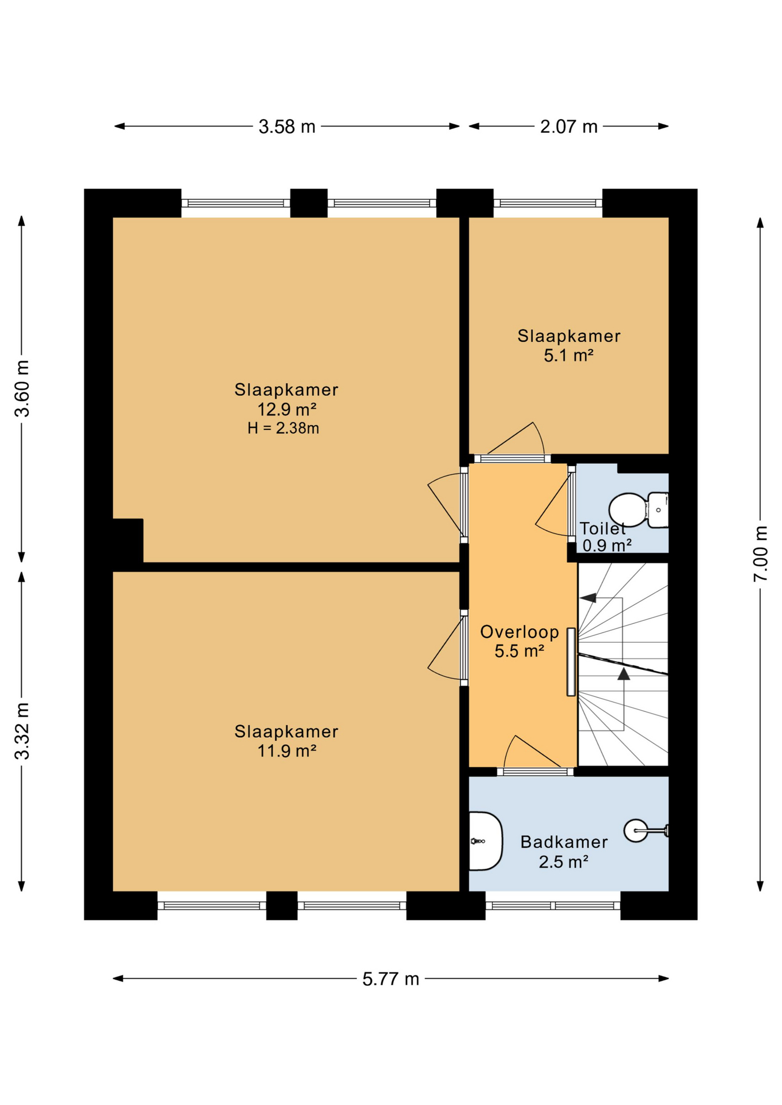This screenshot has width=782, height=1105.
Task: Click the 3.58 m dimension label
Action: click(x=287, y=127)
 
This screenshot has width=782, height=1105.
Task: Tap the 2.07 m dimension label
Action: click(x=568, y=127)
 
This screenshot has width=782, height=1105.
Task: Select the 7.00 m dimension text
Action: click(x=761, y=554)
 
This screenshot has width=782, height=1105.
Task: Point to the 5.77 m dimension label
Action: click(x=390, y=979)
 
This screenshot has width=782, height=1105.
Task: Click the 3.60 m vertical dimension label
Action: click(x=22, y=388)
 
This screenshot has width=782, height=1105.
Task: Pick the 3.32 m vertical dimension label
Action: click(x=22, y=731)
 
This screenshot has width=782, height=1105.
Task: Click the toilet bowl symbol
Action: click(x=629, y=510)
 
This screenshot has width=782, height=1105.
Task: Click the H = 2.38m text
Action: click(x=283, y=428)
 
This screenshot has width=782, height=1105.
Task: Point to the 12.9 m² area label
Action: click(x=286, y=409)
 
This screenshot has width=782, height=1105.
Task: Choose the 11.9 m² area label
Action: click(x=286, y=751)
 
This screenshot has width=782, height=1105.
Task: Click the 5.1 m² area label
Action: click(x=568, y=356)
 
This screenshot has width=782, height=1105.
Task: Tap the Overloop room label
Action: click(x=519, y=632)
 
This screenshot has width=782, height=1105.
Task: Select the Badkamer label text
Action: click(x=564, y=842)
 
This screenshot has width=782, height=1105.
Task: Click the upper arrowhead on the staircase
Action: click(x=588, y=598)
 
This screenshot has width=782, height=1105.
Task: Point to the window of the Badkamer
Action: click(x=553, y=905)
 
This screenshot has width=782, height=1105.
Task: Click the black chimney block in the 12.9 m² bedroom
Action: click(x=128, y=540)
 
